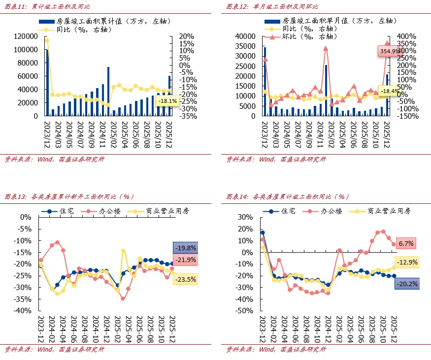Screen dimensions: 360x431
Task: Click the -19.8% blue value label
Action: click(x=185, y=248)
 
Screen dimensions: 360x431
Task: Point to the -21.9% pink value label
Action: click(x=185, y=260)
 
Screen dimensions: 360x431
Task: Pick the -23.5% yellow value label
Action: click(x=185, y=279)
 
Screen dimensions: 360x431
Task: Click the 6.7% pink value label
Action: click(x=406, y=243)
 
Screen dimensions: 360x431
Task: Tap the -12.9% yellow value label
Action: click(x=406, y=262)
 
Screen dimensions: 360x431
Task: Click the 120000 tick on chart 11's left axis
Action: click(x=26, y=36)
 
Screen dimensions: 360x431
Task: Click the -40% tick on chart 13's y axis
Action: click(x=23, y=311)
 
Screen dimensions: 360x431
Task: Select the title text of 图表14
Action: click(x=287, y=196)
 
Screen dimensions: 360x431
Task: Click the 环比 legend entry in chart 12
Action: click(x=305, y=37)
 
